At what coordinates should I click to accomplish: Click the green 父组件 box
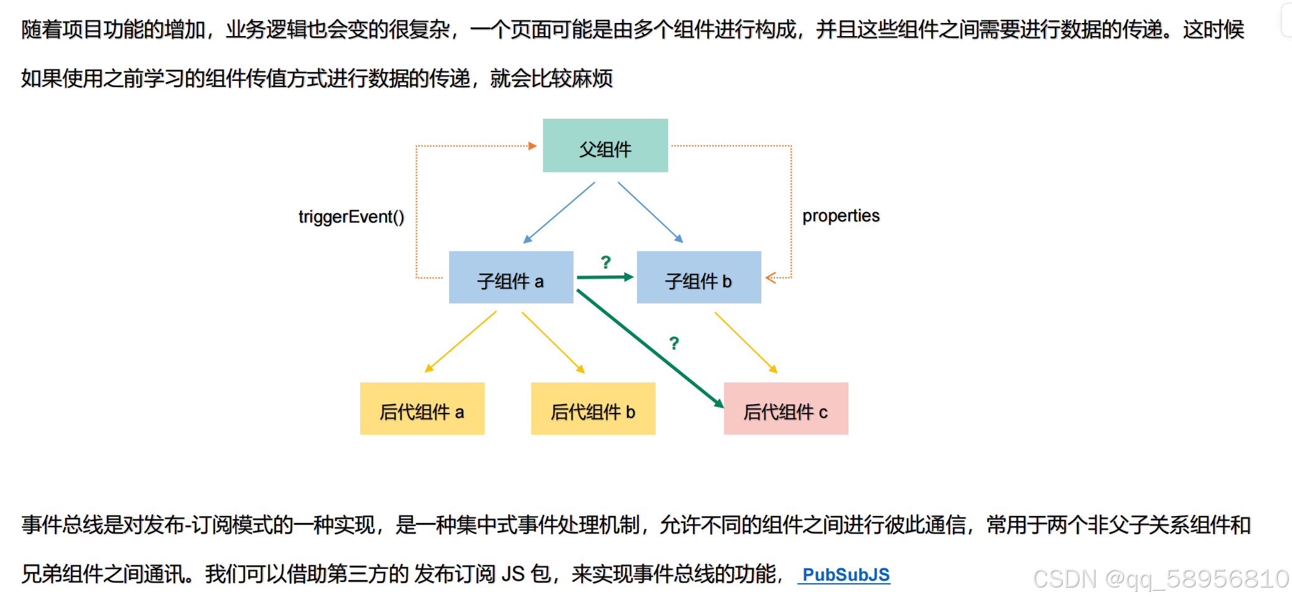(x=605, y=145)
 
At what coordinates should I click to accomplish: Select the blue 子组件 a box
(x=511, y=277)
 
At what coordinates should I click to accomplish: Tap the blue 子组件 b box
(x=699, y=277)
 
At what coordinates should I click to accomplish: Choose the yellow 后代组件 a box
(x=422, y=408)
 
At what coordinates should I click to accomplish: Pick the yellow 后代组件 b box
(x=593, y=408)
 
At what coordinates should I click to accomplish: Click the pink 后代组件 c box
(x=786, y=408)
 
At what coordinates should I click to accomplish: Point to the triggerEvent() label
(x=351, y=216)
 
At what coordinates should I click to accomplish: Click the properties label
(x=841, y=216)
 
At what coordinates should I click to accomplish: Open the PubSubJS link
(x=846, y=575)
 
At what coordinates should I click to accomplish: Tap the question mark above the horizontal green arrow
(x=606, y=262)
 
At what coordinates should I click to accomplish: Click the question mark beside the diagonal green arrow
(x=674, y=343)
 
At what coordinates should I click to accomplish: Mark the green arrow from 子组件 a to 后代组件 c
(x=650, y=349)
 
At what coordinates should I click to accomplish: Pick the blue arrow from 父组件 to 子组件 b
(x=650, y=212)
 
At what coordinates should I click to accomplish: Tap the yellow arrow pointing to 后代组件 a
(x=460, y=342)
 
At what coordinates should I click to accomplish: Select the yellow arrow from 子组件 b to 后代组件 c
(x=746, y=343)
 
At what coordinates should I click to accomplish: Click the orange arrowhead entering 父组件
(x=532, y=146)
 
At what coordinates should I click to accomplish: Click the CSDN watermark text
(x=1161, y=579)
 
